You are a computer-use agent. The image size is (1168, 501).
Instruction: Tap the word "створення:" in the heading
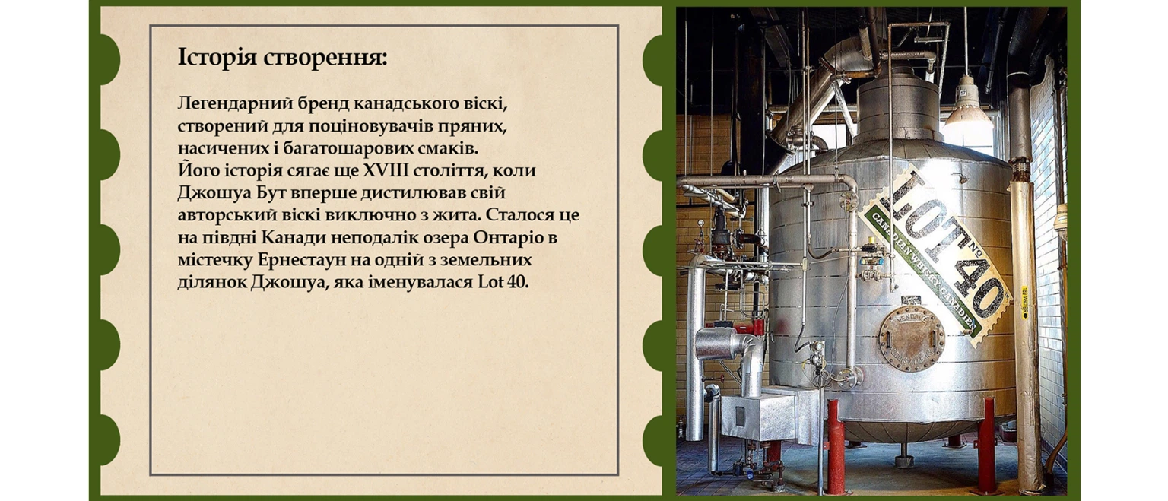click(x=325, y=58)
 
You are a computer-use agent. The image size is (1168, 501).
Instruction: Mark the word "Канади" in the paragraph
click(x=294, y=238)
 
